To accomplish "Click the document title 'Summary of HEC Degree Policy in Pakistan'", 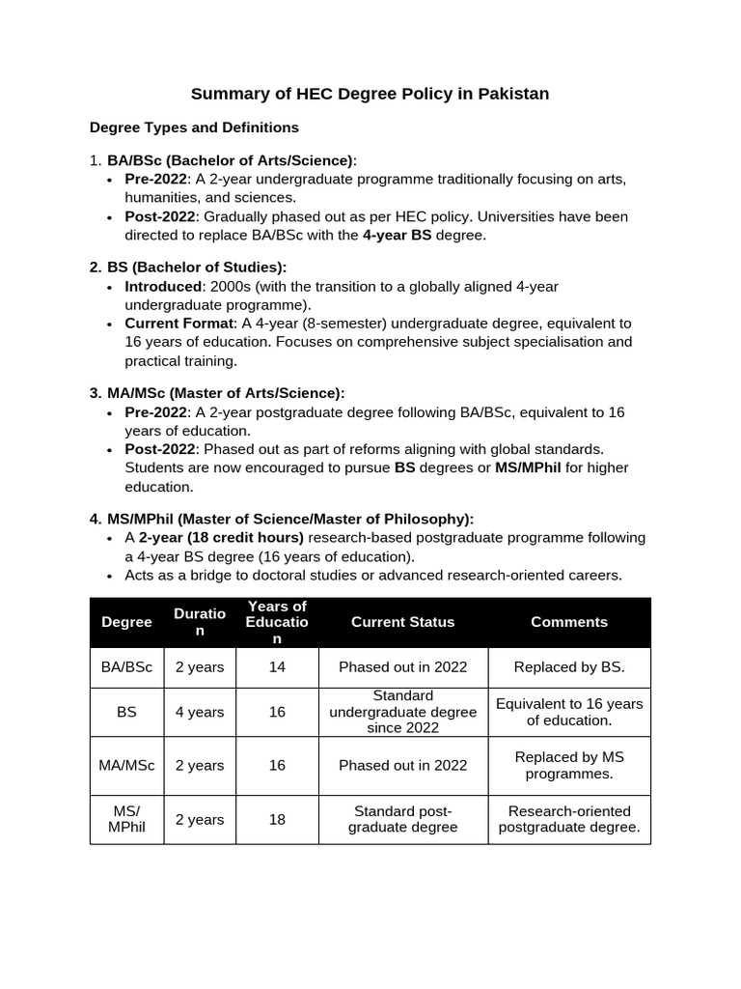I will (x=370, y=94).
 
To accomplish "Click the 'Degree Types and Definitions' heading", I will (x=194, y=127).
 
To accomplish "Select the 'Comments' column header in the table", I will (x=569, y=622).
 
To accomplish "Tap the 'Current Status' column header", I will (x=402, y=622).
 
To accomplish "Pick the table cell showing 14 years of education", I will (x=277, y=666).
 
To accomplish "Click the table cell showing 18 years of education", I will (x=277, y=819).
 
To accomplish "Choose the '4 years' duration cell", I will (x=200, y=712).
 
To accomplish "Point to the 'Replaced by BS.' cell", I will (x=569, y=666).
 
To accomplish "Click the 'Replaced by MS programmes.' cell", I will (x=569, y=765).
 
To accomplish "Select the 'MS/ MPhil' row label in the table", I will (x=127, y=819).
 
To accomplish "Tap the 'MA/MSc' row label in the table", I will (x=127, y=765).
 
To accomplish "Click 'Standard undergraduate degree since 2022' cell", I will (x=402, y=712).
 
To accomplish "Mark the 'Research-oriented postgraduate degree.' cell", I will (x=569, y=819).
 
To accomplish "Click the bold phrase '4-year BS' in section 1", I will (x=397, y=235).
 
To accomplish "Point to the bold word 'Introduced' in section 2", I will (x=163, y=287).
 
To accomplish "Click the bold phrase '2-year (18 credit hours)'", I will (x=221, y=538).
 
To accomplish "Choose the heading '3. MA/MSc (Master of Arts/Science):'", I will (x=217, y=393).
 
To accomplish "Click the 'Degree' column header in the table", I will (x=127, y=622).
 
